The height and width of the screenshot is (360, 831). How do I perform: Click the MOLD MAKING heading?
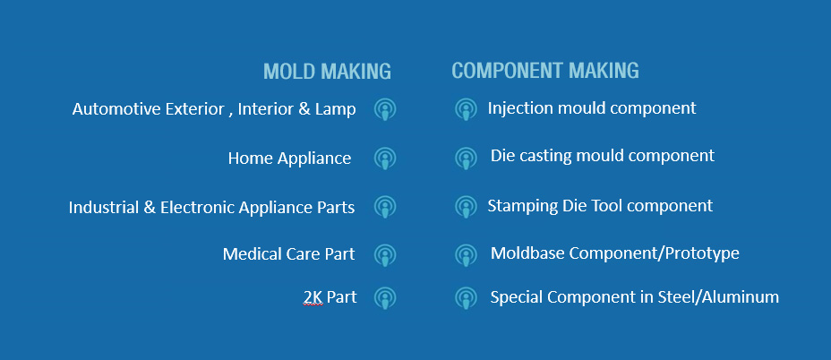[x=327, y=71]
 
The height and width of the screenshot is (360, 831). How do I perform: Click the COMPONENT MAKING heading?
[x=544, y=71]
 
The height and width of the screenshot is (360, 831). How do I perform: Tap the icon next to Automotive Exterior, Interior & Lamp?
[x=385, y=109]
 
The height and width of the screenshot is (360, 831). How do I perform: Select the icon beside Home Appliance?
[x=385, y=158]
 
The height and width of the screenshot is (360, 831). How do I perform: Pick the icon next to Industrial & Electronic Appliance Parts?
[x=385, y=206]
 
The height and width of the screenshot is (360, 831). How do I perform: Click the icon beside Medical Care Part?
[x=385, y=255]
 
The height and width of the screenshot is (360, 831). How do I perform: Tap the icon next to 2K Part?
[x=385, y=298]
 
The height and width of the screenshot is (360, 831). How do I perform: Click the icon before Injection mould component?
[x=466, y=109]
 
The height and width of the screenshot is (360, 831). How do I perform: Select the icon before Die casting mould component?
[x=466, y=158]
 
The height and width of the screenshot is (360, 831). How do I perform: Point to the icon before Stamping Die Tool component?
[x=466, y=206]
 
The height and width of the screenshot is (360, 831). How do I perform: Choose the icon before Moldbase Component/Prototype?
[x=466, y=255]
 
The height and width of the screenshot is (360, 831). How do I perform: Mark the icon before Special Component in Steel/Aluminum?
[x=466, y=298]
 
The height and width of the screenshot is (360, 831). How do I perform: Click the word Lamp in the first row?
[x=336, y=110]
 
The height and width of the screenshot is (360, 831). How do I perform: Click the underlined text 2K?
[x=313, y=297]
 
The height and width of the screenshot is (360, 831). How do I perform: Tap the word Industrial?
[x=104, y=207]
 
